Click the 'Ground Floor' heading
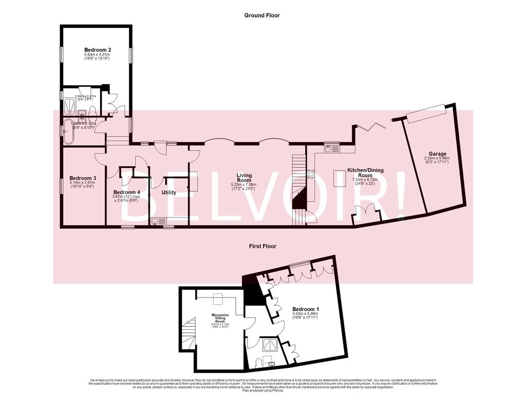coord(262,15)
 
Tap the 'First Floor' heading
coord(262,246)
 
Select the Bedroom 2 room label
coord(98,50)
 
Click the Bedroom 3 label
coord(83,178)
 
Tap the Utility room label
coord(169,193)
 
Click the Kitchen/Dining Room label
coord(365,173)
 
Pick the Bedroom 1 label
coord(306,309)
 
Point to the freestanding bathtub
coord(68,133)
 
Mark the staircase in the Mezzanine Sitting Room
coord(190,332)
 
